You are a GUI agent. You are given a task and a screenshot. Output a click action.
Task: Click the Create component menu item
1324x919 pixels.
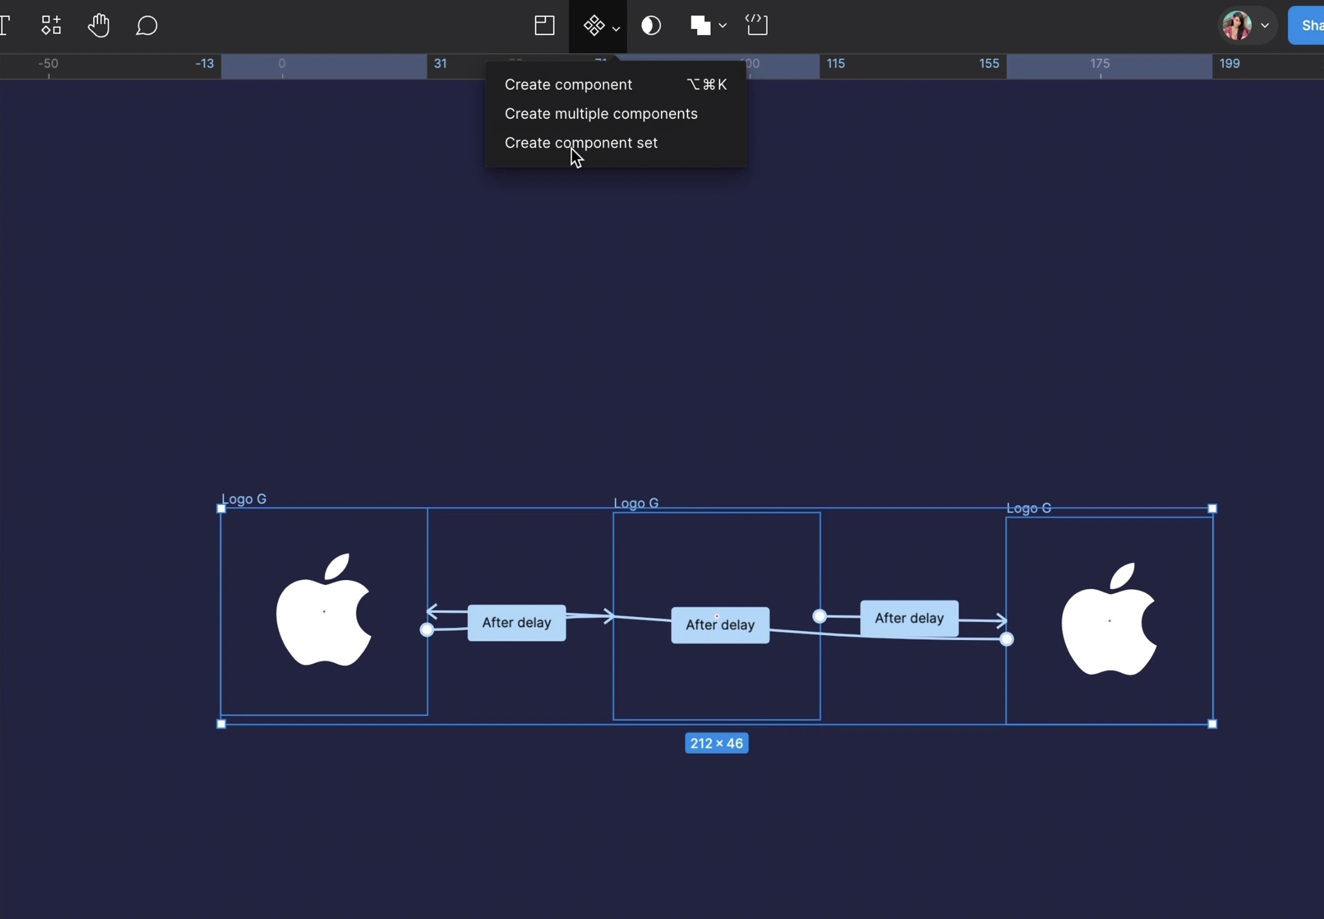568,84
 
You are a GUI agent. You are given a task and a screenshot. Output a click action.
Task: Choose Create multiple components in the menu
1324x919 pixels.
601,114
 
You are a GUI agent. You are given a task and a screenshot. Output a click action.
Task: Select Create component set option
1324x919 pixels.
580,143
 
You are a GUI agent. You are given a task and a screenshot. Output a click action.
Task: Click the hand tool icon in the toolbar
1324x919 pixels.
99,26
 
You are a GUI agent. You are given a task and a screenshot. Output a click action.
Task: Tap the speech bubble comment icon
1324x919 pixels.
146,26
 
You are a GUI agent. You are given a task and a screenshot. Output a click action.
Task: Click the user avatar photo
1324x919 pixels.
1237,26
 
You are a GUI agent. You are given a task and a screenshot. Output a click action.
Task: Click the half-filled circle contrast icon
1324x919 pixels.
651,26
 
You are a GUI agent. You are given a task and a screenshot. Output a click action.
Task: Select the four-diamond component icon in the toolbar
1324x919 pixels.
594,26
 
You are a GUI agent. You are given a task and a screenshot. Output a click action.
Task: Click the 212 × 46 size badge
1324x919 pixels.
716,743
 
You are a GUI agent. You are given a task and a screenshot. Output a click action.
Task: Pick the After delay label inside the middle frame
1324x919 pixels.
720,626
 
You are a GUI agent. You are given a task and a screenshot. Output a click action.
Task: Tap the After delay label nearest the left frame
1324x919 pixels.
516,623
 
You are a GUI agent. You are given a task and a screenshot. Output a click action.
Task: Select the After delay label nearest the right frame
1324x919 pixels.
909,618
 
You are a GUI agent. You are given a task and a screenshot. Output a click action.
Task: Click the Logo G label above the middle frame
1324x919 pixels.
636,503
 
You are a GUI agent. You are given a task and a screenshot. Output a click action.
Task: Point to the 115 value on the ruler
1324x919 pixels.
835,64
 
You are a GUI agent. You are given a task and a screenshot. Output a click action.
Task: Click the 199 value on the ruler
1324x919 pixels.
1229,64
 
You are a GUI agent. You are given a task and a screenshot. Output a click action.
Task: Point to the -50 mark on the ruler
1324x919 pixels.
48,64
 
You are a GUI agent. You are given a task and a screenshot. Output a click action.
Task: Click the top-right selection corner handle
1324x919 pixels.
1212,508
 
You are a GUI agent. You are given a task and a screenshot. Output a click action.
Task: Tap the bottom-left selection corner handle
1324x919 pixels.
221,724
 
